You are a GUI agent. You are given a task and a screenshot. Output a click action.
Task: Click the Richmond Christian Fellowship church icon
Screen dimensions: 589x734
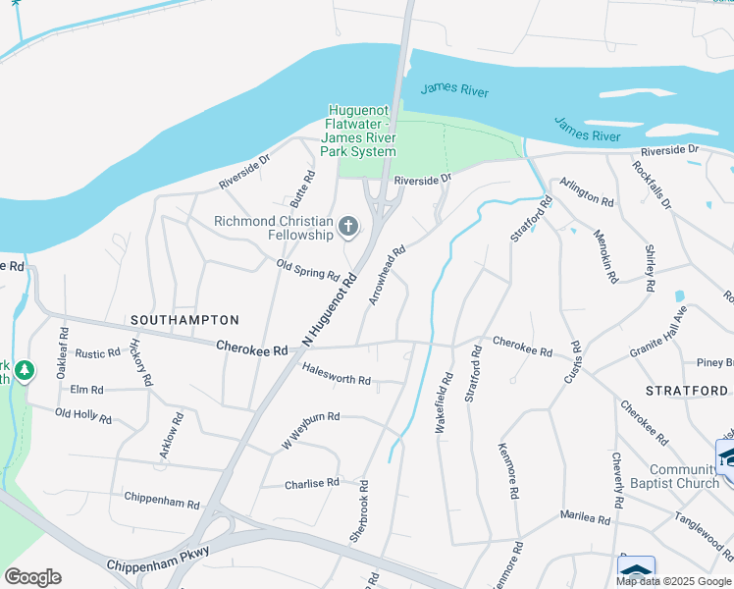pyautogui.click(x=347, y=229)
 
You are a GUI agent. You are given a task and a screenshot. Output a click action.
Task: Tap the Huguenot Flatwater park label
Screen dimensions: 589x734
pyautogui.click(x=362, y=132)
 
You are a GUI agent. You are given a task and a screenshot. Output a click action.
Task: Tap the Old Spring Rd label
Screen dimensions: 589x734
pyautogui.click(x=307, y=270)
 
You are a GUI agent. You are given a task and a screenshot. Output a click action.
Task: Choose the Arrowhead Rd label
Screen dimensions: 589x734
pyautogui.click(x=386, y=276)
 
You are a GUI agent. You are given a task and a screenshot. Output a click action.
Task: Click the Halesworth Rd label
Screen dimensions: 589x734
pyautogui.click(x=337, y=379)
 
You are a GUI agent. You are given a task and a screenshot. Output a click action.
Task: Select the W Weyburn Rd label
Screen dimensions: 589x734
pyautogui.click(x=310, y=430)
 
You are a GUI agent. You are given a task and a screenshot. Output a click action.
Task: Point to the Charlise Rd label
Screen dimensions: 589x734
pyautogui.click(x=311, y=483)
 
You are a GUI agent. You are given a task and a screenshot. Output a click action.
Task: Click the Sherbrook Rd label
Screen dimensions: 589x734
pyautogui.click(x=358, y=511)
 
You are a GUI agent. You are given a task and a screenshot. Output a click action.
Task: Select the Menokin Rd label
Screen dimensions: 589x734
pyautogui.click(x=604, y=256)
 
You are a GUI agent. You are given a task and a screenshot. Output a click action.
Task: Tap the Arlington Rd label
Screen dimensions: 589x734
pyautogui.click(x=587, y=192)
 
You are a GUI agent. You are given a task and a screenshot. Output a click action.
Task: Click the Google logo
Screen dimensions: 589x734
pyautogui.click(x=32, y=576)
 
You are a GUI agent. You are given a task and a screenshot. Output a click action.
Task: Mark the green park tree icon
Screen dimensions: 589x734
pyautogui.click(x=25, y=371)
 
